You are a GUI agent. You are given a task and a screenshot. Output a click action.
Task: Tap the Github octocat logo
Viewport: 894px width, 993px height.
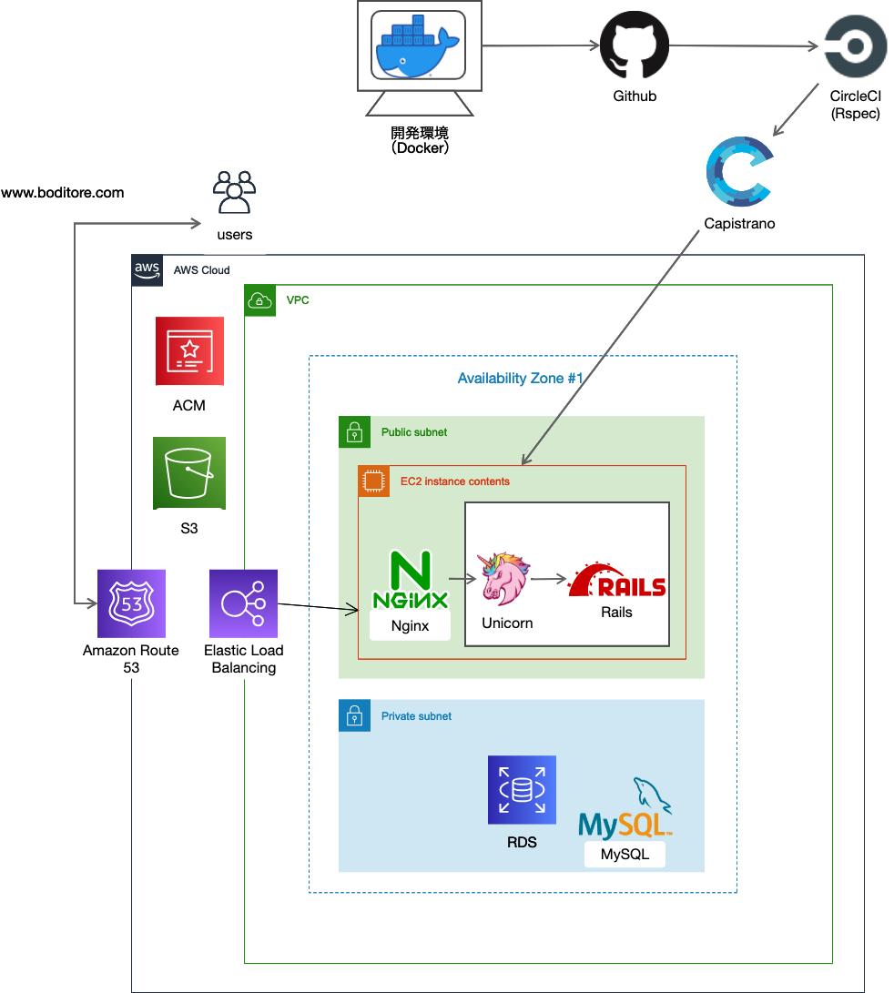click(634, 46)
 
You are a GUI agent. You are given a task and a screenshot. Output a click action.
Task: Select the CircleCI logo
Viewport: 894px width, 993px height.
click(855, 46)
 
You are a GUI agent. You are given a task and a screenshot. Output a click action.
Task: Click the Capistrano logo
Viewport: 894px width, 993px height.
click(738, 174)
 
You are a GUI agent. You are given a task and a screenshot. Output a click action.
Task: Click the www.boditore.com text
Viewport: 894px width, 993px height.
click(63, 193)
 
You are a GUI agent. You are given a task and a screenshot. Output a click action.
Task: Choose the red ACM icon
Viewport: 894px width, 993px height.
click(189, 351)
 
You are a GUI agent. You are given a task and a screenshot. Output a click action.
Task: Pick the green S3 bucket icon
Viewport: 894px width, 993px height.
click(189, 473)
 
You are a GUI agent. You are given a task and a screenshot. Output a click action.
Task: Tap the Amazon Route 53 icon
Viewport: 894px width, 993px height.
click(131, 603)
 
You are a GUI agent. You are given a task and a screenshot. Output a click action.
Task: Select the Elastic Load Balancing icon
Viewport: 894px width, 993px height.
click(243, 603)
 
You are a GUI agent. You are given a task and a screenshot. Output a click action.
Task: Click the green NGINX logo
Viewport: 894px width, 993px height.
click(411, 581)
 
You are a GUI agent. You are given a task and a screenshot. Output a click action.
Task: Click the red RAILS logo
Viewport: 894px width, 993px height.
click(617, 581)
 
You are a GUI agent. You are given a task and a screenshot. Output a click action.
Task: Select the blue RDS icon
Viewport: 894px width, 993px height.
click(522, 790)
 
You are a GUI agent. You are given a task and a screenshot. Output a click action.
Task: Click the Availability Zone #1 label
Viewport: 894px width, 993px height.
click(520, 379)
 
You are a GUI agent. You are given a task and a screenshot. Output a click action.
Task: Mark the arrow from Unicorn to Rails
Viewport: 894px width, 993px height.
click(549, 578)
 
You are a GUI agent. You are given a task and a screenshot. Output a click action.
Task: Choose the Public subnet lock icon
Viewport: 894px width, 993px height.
click(354, 432)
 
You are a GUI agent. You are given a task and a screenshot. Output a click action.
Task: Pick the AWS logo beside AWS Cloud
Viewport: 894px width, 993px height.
click(147, 269)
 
